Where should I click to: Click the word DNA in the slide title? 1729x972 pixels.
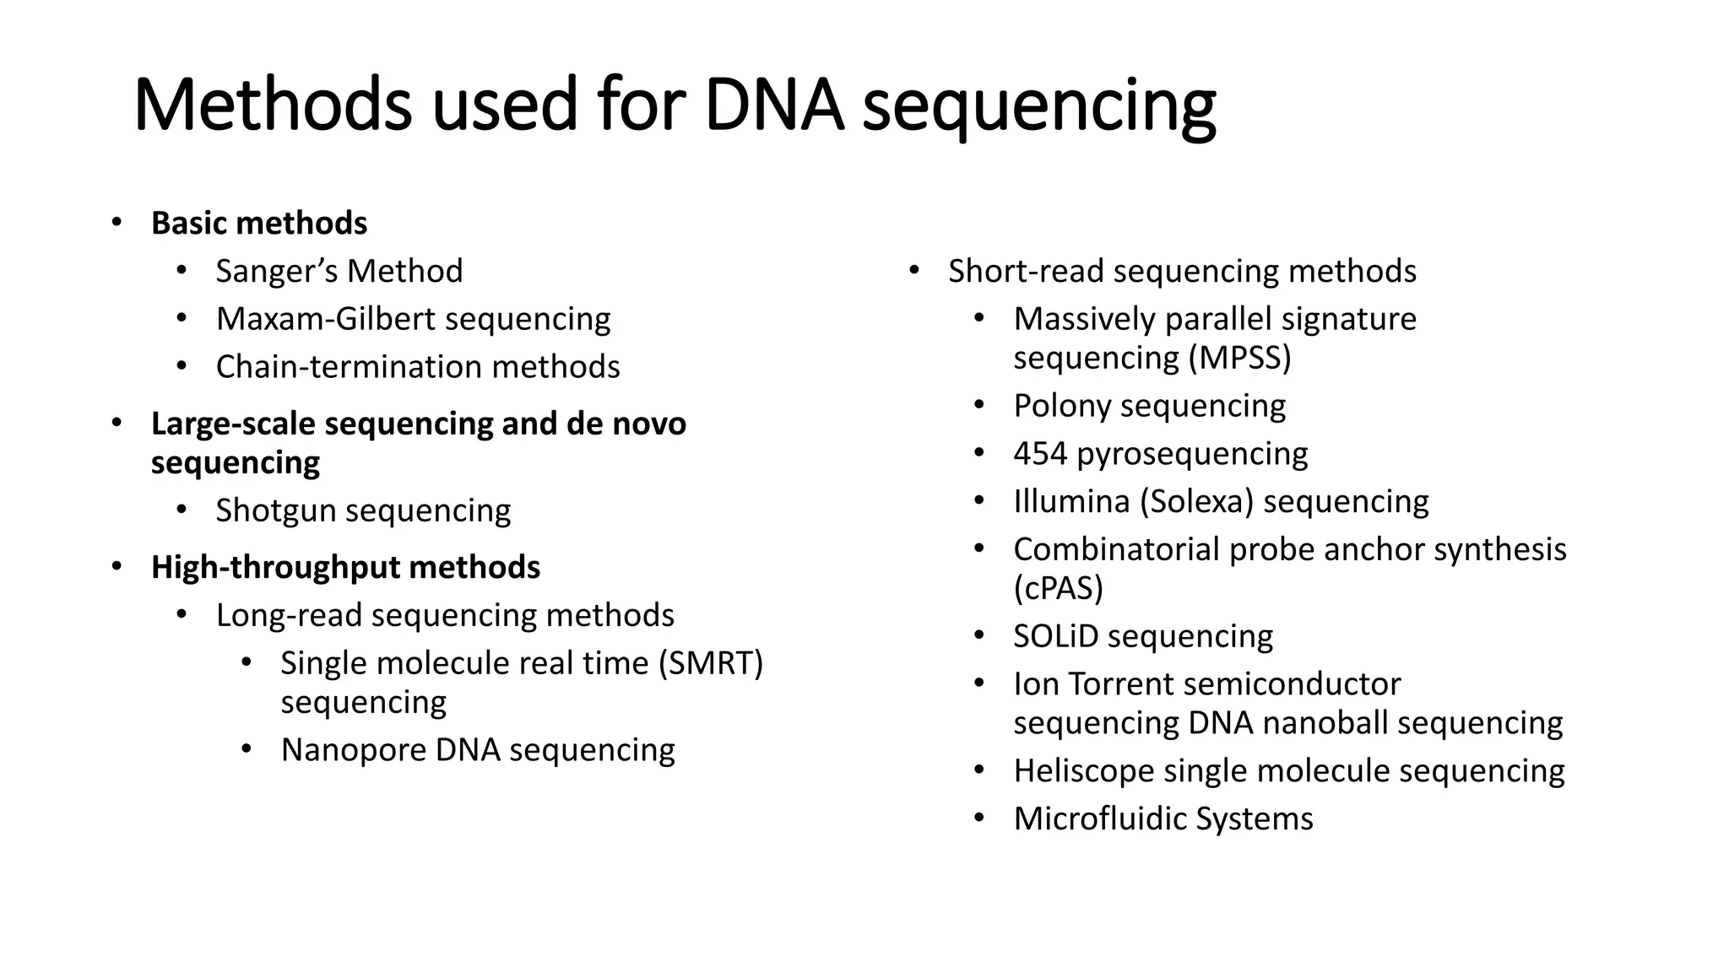pos(773,105)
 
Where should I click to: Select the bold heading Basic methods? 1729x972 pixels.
pos(259,224)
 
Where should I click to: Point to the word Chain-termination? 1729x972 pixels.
pos(349,367)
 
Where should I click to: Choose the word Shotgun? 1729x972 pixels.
pos(275,510)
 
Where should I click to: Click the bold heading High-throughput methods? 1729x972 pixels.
pos(345,567)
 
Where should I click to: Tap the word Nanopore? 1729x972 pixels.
pos(354,750)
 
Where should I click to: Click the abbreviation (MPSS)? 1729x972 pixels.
pos(1239,358)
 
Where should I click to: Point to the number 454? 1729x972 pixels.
pos(1040,454)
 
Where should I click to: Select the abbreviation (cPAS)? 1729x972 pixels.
pos(1058,588)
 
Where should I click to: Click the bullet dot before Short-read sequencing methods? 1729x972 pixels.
pos(913,271)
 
